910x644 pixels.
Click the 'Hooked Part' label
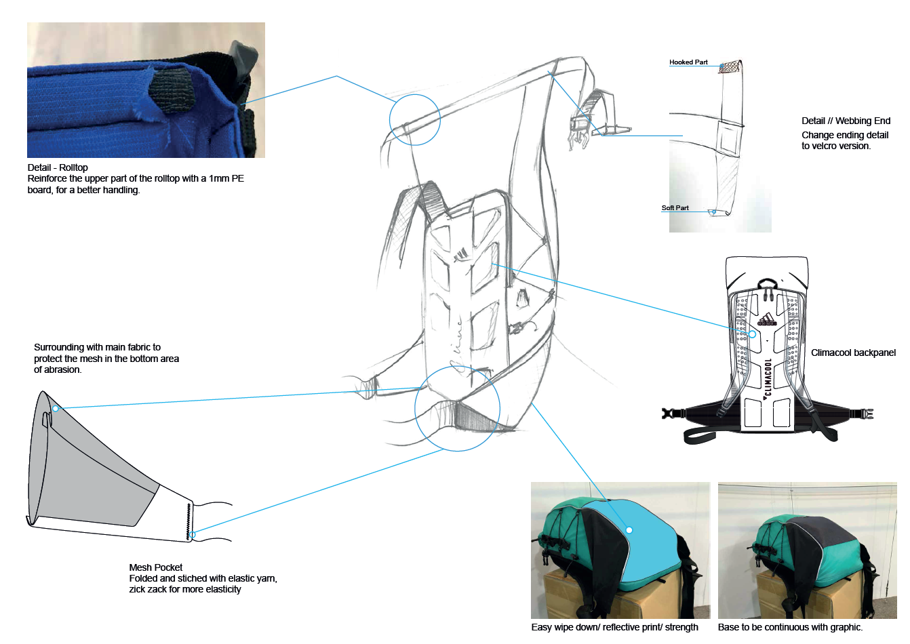(x=688, y=62)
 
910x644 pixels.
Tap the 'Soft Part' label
(x=675, y=208)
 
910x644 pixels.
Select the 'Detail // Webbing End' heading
(x=846, y=121)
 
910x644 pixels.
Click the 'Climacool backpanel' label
(x=853, y=353)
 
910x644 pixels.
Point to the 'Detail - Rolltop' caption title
(x=58, y=167)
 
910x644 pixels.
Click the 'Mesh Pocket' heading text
(x=156, y=567)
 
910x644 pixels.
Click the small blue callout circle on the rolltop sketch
(x=414, y=119)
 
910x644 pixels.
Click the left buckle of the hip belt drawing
(x=671, y=413)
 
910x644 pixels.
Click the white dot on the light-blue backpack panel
(x=629, y=530)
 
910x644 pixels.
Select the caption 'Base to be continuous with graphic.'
(x=790, y=627)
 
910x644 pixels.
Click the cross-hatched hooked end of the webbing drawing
(x=730, y=67)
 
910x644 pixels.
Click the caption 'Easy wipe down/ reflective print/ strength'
(x=614, y=627)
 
